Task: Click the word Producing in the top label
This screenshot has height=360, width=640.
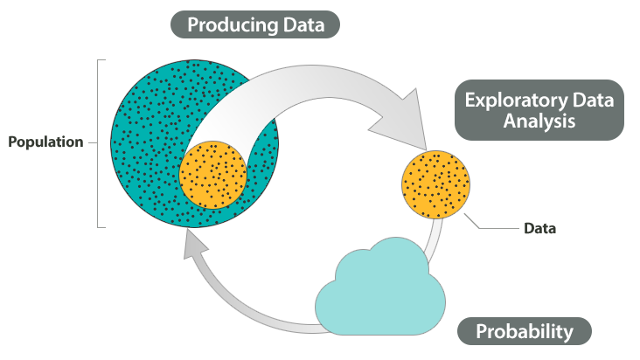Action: (x=233, y=25)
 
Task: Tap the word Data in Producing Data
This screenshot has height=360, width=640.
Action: (x=303, y=24)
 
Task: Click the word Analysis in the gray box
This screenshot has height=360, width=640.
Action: (x=539, y=121)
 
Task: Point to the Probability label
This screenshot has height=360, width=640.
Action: (x=525, y=331)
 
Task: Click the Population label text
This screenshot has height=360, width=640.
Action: (x=45, y=142)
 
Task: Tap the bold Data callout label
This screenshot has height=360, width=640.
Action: (x=539, y=228)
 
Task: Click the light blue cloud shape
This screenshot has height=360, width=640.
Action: (x=380, y=287)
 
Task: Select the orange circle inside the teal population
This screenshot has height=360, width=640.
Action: (x=213, y=175)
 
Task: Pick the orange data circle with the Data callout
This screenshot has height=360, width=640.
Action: (x=436, y=184)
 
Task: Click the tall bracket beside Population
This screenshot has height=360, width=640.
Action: (x=98, y=143)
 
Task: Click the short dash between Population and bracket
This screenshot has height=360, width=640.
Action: (x=93, y=142)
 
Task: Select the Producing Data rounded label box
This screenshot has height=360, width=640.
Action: (x=255, y=24)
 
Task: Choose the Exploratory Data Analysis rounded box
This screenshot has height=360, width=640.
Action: (x=539, y=110)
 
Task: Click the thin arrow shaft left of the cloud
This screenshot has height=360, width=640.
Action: (x=240, y=301)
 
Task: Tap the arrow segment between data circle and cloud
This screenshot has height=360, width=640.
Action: (x=434, y=240)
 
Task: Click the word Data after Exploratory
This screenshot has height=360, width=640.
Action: (x=593, y=100)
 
